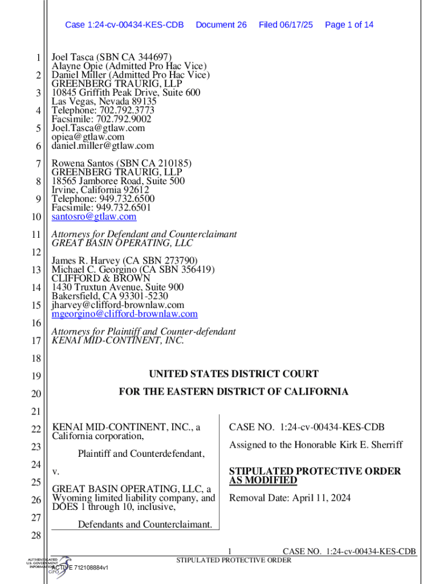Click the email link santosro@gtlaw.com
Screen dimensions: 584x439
pos(94,217)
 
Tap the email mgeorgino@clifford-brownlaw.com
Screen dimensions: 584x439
pos(124,314)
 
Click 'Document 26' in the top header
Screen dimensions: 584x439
pos(221,25)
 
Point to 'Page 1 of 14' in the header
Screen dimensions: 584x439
pos(349,25)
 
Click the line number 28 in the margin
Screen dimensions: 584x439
pos(35,536)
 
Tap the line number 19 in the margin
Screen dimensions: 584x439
pos(35,376)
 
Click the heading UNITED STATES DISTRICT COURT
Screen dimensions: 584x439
pos(234,374)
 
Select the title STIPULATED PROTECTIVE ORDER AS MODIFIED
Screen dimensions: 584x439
pos(315,476)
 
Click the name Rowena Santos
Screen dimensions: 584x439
pos(82,163)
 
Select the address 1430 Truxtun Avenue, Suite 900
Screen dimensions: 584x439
pos(117,287)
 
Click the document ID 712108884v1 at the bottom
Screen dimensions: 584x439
pos(91,568)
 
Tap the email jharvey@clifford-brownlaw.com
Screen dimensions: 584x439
pos(118,305)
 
